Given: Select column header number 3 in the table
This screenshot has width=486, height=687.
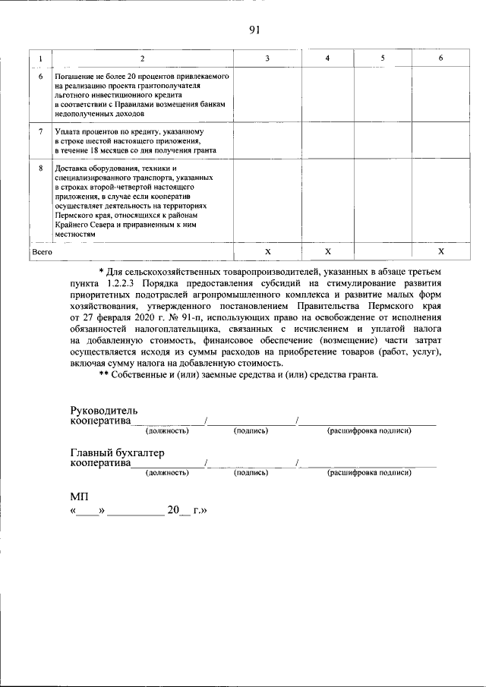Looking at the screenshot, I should pos(267,58).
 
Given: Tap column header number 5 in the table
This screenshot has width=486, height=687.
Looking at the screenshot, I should pos(383,58).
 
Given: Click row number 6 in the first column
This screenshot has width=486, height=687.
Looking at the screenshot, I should pos(40,77).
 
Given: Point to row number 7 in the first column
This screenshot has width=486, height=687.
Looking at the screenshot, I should pos(40,131).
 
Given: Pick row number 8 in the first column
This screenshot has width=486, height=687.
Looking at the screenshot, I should pos(40,168).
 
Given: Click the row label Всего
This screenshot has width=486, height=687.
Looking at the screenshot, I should pos(42,251).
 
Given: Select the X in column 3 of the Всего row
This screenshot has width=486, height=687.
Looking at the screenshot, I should pos(267,251).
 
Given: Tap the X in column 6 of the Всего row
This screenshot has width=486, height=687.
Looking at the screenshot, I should pos(440,251).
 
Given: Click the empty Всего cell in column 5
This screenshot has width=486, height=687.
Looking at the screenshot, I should pos(383,251).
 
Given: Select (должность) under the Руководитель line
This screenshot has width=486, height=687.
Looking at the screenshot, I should pos(167,430).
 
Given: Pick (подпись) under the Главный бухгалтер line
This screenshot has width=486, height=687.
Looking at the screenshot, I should pos(251,472).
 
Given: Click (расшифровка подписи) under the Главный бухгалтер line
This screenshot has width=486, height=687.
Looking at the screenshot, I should pos(369,472).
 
